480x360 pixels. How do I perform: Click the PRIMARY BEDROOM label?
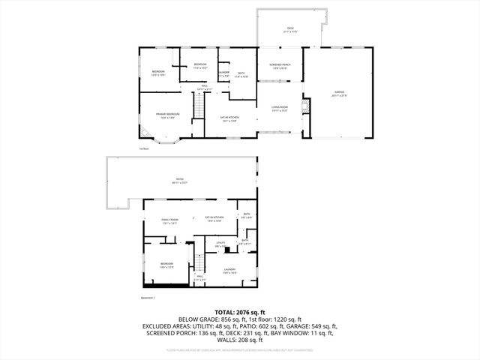(166, 115)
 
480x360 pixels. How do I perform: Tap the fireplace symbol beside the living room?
(304, 106)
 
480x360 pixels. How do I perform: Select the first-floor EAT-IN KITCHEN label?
(229, 118)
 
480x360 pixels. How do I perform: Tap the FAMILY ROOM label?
(169, 220)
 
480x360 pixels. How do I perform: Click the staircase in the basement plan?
(199, 262)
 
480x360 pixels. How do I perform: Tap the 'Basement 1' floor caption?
(148, 298)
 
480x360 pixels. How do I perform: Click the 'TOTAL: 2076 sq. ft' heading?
(240, 311)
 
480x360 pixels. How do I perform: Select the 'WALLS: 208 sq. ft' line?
(240, 340)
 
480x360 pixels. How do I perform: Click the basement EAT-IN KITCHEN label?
(215, 218)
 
